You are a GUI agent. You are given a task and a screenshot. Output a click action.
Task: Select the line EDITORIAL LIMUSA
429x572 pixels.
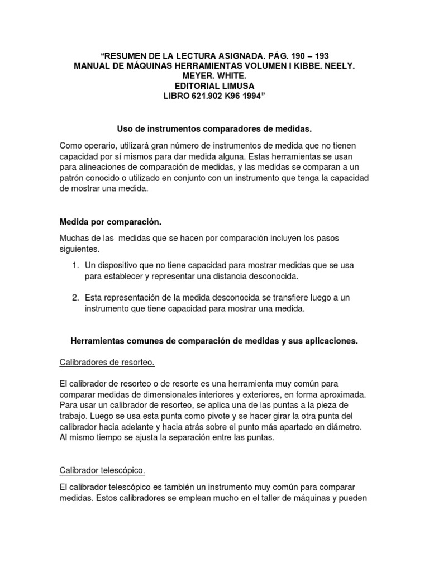click(214, 85)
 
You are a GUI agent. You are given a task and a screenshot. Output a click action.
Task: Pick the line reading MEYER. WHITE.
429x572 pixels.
click(214, 75)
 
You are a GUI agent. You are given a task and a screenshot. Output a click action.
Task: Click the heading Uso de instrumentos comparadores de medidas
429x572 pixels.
click(214, 130)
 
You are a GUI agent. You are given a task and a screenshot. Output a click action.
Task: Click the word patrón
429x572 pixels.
click(73, 178)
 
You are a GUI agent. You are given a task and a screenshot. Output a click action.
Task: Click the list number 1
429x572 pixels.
click(75, 265)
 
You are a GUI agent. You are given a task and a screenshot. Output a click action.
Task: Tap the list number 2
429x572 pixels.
click(75, 298)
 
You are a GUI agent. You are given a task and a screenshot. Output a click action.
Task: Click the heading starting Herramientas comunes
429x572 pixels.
click(214, 341)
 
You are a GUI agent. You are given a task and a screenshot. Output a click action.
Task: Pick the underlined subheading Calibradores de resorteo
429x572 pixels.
click(107, 363)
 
